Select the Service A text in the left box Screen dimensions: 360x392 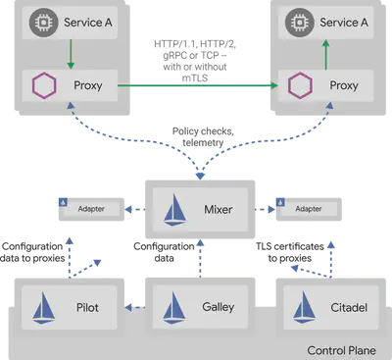click(x=85, y=21)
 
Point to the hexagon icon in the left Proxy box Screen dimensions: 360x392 click(x=43, y=86)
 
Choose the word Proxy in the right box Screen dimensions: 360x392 click(x=343, y=86)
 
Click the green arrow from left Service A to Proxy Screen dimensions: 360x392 click(x=69, y=54)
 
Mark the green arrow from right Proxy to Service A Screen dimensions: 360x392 click(x=323, y=54)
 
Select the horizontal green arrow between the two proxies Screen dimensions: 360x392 click(x=196, y=87)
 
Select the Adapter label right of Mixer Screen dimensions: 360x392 click(x=308, y=209)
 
